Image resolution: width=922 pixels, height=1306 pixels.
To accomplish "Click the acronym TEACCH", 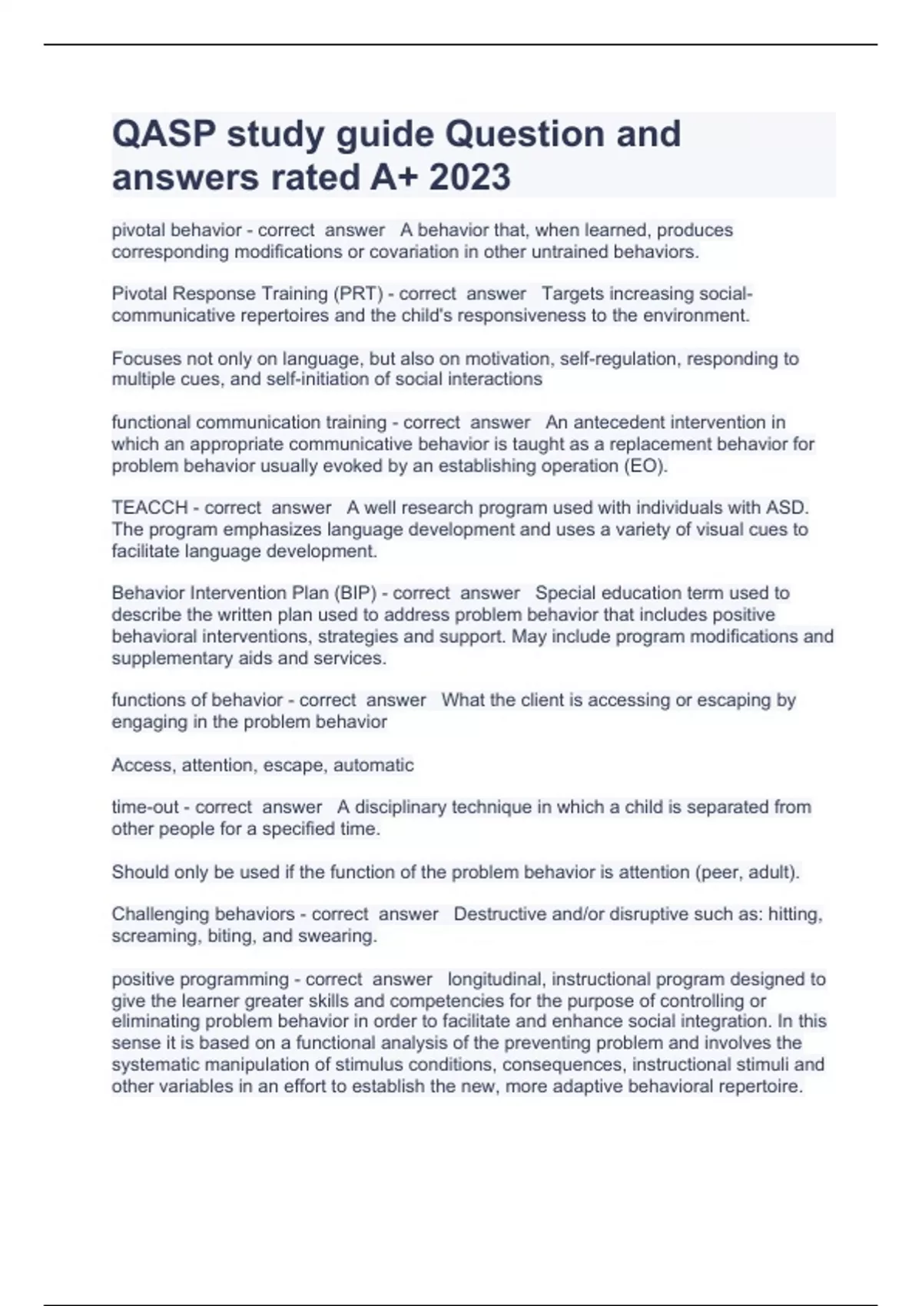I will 150,508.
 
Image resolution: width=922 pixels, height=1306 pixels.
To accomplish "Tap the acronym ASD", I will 786,508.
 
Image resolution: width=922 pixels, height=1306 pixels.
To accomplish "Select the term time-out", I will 145,807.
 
